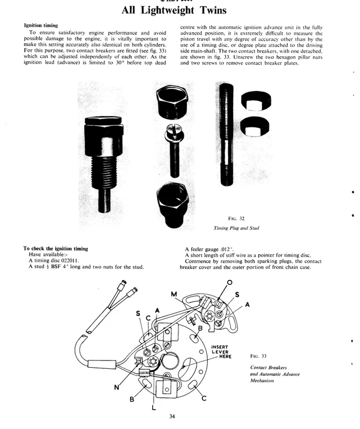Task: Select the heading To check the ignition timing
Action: pyautogui.click(x=56, y=248)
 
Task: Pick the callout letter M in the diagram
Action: pyautogui.click(x=174, y=294)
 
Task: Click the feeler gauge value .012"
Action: pyautogui.click(x=229, y=249)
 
